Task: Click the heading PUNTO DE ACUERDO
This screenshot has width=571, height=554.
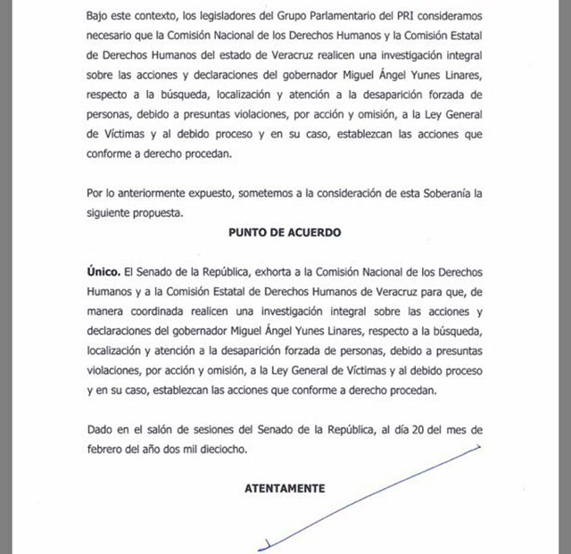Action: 285,232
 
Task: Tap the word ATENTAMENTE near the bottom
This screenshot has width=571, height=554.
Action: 285,488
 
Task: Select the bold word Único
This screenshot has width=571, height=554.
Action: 103,269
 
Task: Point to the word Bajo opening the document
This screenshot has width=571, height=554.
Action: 102,16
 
